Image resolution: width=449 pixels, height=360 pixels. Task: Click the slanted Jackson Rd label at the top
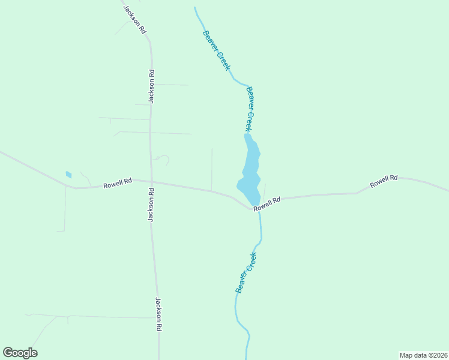click(x=134, y=19)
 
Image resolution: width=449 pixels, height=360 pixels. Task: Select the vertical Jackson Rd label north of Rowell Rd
click(x=152, y=87)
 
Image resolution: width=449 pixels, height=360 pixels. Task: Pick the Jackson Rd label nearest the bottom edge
click(x=159, y=314)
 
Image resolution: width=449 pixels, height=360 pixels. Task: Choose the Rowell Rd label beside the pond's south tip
click(x=267, y=204)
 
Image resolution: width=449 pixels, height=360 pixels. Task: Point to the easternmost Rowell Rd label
click(x=384, y=181)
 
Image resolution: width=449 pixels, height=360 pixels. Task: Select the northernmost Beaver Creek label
click(x=216, y=50)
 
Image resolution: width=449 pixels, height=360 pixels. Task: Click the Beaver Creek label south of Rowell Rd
click(x=246, y=272)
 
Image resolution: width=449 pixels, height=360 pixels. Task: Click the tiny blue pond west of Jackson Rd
click(x=68, y=175)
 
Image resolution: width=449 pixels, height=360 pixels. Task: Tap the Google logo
click(x=20, y=353)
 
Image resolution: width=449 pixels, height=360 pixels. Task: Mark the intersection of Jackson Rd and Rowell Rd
click(x=151, y=182)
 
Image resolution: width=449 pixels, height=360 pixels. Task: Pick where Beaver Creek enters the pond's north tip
click(x=246, y=135)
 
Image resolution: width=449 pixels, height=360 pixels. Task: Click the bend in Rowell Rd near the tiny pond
click(x=76, y=188)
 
